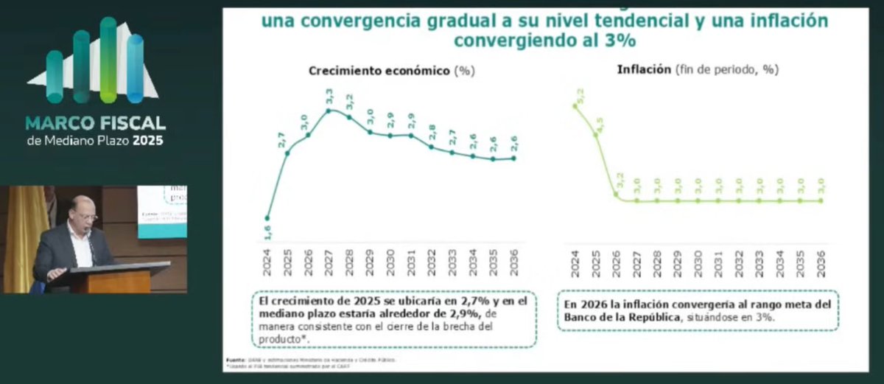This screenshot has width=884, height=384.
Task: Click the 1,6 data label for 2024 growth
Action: point(267,229)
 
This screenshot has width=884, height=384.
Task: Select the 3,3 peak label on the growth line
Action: point(329,97)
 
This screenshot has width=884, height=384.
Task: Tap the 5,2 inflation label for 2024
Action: point(581,94)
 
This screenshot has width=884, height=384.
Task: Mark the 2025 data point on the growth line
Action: point(287,153)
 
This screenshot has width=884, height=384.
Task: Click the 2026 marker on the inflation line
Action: point(616,195)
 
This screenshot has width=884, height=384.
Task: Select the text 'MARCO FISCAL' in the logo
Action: point(95,122)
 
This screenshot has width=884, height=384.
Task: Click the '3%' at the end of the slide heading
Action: point(618,41)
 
